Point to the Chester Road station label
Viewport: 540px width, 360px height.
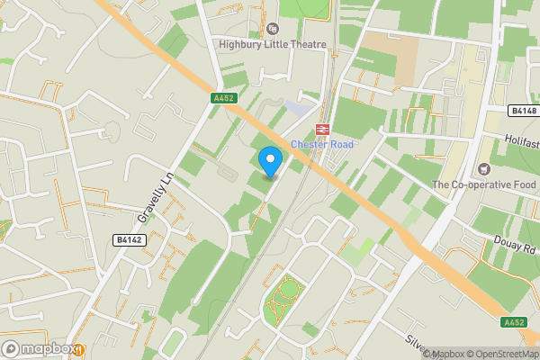[x=322, y=145]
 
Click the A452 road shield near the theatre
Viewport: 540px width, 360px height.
[x=223, y=98]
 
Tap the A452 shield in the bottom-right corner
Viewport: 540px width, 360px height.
[x=515, y=322]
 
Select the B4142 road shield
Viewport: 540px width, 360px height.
[x=130, y=239]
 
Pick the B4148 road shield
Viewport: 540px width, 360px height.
[x=522, y=111]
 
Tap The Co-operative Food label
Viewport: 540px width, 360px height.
[x=483, y=184]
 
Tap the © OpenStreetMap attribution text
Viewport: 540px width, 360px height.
[x=499, y=354]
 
